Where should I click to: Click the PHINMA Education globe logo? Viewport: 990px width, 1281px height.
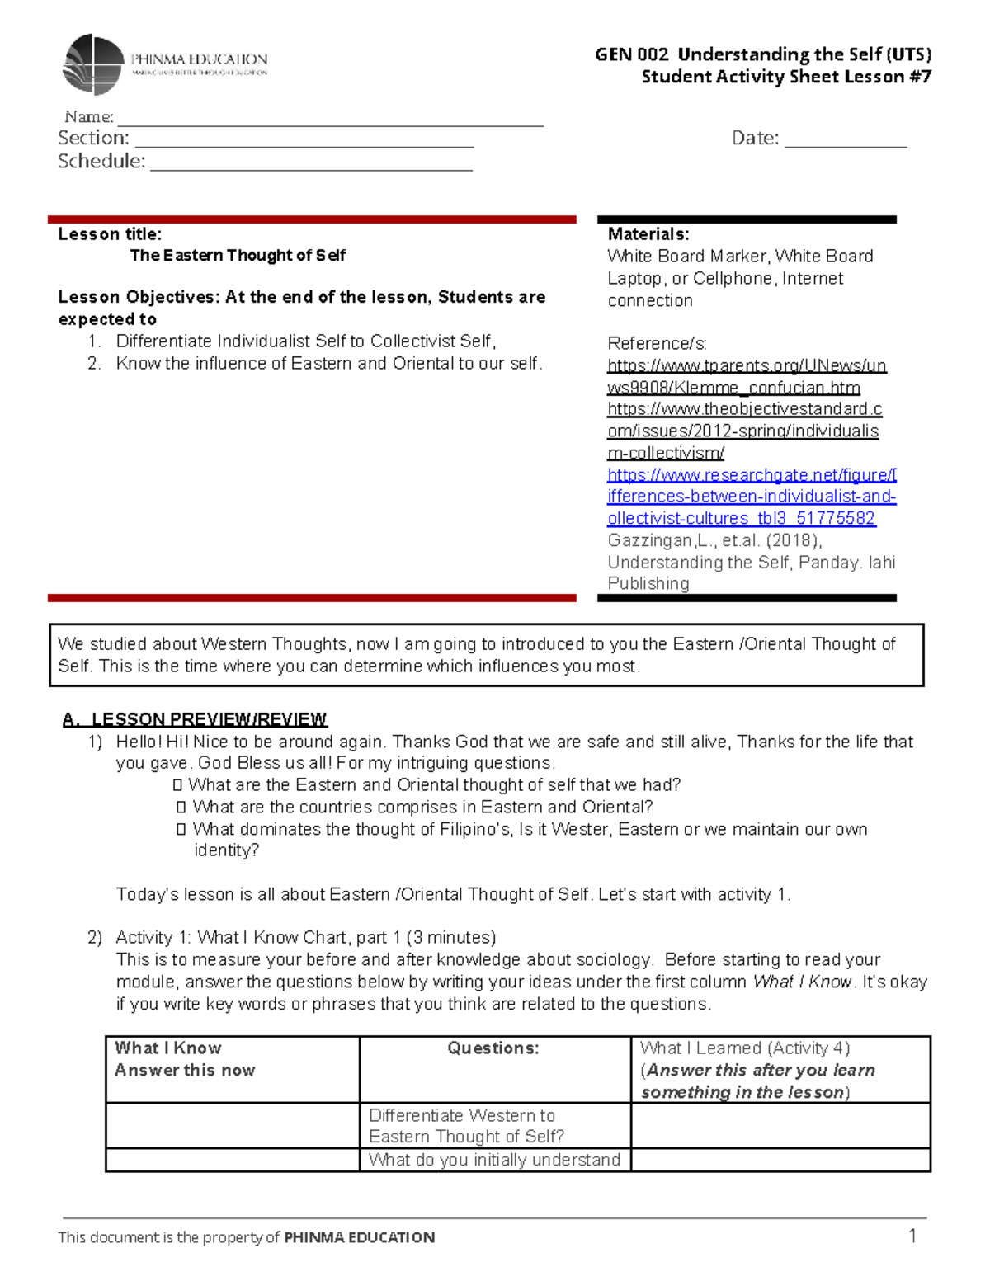click(93, 64)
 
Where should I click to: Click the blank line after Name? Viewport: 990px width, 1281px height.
click(330, 122)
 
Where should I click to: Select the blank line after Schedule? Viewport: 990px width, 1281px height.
click(311, 167)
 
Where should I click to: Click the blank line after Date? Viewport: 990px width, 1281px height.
click(846, 144)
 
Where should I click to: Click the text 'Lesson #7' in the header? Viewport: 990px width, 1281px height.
click(894, 77)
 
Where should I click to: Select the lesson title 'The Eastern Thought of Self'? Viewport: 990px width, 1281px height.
click(238, 256)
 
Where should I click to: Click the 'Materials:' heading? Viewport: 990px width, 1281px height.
click(648, 234)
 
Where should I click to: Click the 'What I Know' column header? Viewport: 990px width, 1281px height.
click(168, 1048)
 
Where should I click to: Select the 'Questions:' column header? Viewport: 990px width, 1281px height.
click(493, 1048)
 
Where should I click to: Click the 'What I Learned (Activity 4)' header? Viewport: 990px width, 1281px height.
click(744, 1048)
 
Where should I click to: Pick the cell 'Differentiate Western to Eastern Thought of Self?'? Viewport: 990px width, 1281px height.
click(467, 1125)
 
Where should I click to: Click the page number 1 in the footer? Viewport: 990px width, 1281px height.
click(912, 1236)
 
